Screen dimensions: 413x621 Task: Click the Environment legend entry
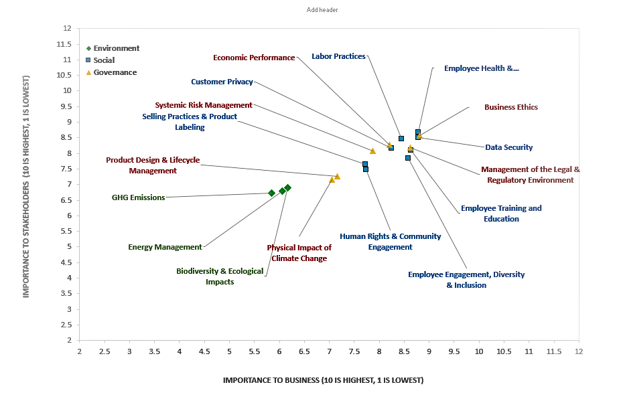[116, 48]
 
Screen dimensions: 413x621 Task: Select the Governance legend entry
[115, 72]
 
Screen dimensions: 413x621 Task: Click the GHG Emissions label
[138, 197]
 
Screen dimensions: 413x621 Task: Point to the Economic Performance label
[254, 58]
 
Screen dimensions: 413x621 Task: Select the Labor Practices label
[338, 56]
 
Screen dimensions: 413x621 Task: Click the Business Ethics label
[510, 107]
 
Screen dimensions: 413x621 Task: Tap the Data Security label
[508, 147]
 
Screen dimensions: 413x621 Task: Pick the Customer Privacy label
[222, 82]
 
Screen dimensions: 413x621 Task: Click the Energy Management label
[165, 247]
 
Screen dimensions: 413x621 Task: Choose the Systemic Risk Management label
[204, 105]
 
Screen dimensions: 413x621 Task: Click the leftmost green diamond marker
[271, 193]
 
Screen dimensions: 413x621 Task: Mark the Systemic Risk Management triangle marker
[372, 151]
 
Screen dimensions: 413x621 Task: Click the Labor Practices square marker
[401, 139]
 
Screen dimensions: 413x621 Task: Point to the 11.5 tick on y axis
[64, 44]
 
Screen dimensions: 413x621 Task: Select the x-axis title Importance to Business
[323, 380]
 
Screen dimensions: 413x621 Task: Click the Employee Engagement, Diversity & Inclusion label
[466, 280]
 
